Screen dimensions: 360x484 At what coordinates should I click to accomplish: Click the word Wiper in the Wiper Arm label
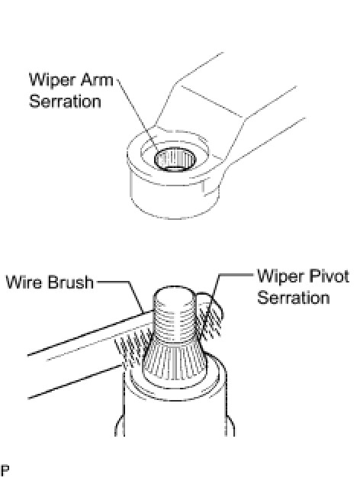[53, 81]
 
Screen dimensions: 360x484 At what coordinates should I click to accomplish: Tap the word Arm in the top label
[97, 80]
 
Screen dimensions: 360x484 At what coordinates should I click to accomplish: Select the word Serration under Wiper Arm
[65, 102]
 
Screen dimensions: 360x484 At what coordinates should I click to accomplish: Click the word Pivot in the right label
[328, 276]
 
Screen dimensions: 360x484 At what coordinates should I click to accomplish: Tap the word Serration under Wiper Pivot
[294, 298]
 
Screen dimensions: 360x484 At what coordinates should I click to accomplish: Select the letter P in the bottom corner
[5, 470]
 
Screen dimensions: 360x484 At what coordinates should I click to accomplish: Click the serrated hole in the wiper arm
[175, 160]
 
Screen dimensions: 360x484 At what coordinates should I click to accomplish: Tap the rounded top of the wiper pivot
[175, 293]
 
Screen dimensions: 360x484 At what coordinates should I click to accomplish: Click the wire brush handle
[86, 355]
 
